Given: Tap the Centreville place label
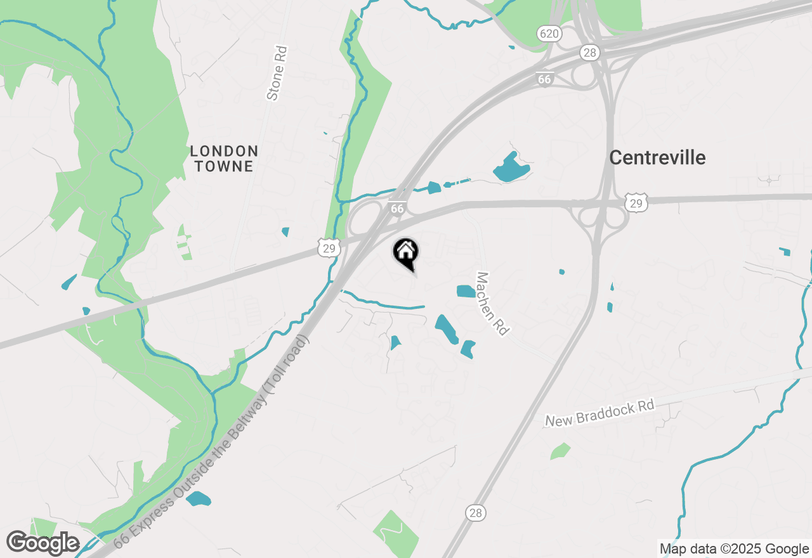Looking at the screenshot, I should (657, 157).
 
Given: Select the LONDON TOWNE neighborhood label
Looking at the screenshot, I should (224, 159).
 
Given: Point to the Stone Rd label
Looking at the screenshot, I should (277, 74).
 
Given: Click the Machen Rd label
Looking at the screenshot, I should (493, 304).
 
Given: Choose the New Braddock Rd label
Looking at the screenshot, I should (599, 413).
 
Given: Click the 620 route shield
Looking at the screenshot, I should (548, 32).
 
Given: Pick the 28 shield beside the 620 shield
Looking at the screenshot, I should (590, 53).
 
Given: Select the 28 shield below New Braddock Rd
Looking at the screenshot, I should (476, 512).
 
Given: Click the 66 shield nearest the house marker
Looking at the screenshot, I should (397, 208).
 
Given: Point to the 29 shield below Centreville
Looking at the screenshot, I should (634, 202).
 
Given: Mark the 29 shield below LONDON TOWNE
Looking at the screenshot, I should (329, 248).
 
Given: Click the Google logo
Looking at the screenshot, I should (43, 543).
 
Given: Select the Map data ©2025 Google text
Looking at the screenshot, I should (734, 549).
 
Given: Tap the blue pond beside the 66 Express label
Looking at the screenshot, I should (199, 498).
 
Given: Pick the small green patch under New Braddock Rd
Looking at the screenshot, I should (560, 451).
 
